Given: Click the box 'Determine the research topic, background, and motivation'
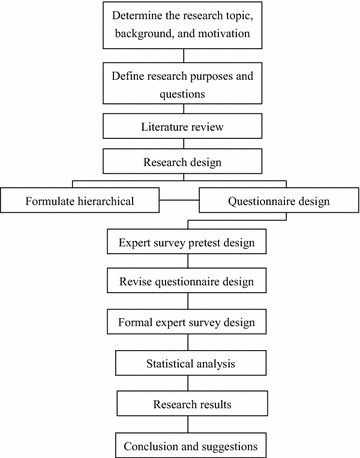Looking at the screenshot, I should pyautogui.click(x=180, y=28).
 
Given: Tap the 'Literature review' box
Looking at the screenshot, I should pyautogui.click(x=180, y=128).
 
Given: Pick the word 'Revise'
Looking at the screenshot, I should pyautogui.click(x=137, y=282).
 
